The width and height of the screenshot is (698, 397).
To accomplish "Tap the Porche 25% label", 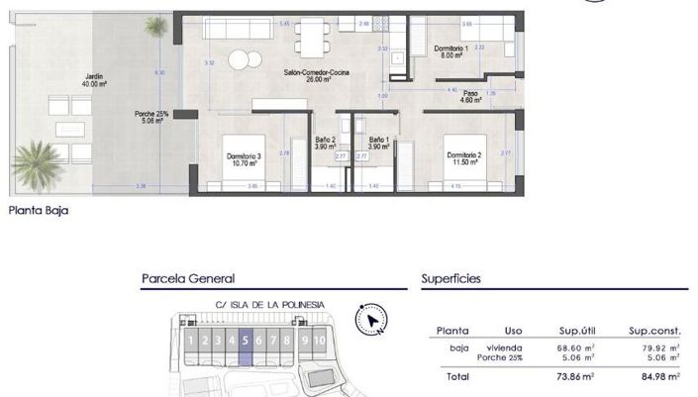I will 151,118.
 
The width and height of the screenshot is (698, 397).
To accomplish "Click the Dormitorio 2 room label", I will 462,158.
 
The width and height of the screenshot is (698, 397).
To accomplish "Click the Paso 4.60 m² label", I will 470,96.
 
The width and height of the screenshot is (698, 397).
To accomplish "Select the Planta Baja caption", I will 38,210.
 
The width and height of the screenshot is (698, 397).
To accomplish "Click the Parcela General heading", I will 188,279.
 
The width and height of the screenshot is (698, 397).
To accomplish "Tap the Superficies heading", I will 450,279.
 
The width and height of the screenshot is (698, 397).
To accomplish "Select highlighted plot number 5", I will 244,342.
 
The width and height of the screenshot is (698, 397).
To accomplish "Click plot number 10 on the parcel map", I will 320,342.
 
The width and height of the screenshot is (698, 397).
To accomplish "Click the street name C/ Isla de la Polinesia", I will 255,305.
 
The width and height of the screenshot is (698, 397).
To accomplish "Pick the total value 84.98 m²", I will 659,377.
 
